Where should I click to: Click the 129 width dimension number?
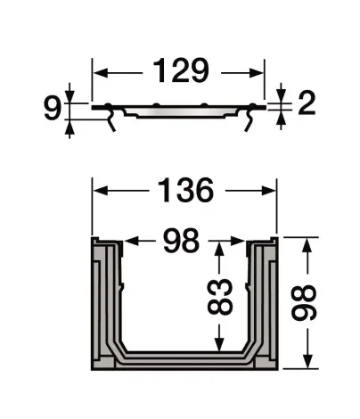point(179,70)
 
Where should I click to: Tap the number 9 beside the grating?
point(53,109)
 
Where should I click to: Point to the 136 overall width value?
point(185,191)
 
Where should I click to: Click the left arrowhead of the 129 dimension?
point(99,70)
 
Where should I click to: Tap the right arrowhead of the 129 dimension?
point(259,70)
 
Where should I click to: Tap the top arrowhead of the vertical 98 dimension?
point(307,243)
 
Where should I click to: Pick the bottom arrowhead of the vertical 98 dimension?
point(307,363)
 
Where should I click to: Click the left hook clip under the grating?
point(112,123)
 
